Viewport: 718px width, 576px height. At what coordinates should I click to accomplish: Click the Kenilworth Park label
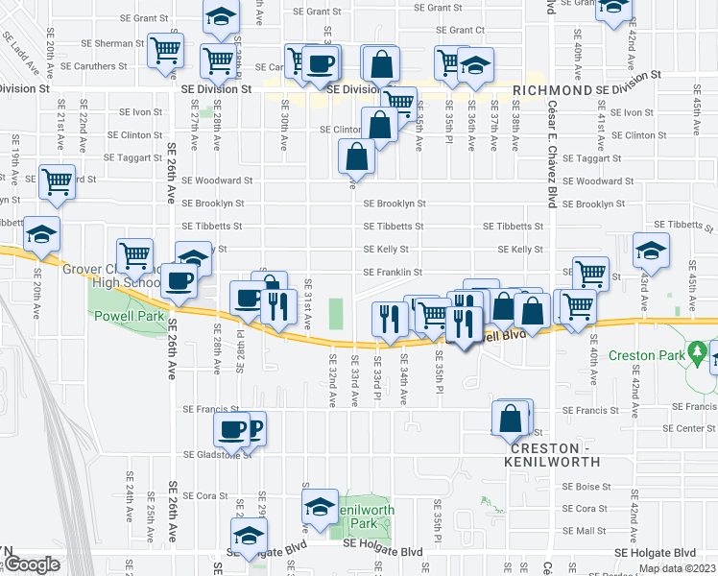[358, 516]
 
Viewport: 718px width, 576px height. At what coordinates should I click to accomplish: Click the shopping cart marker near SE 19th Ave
[57, 180]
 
